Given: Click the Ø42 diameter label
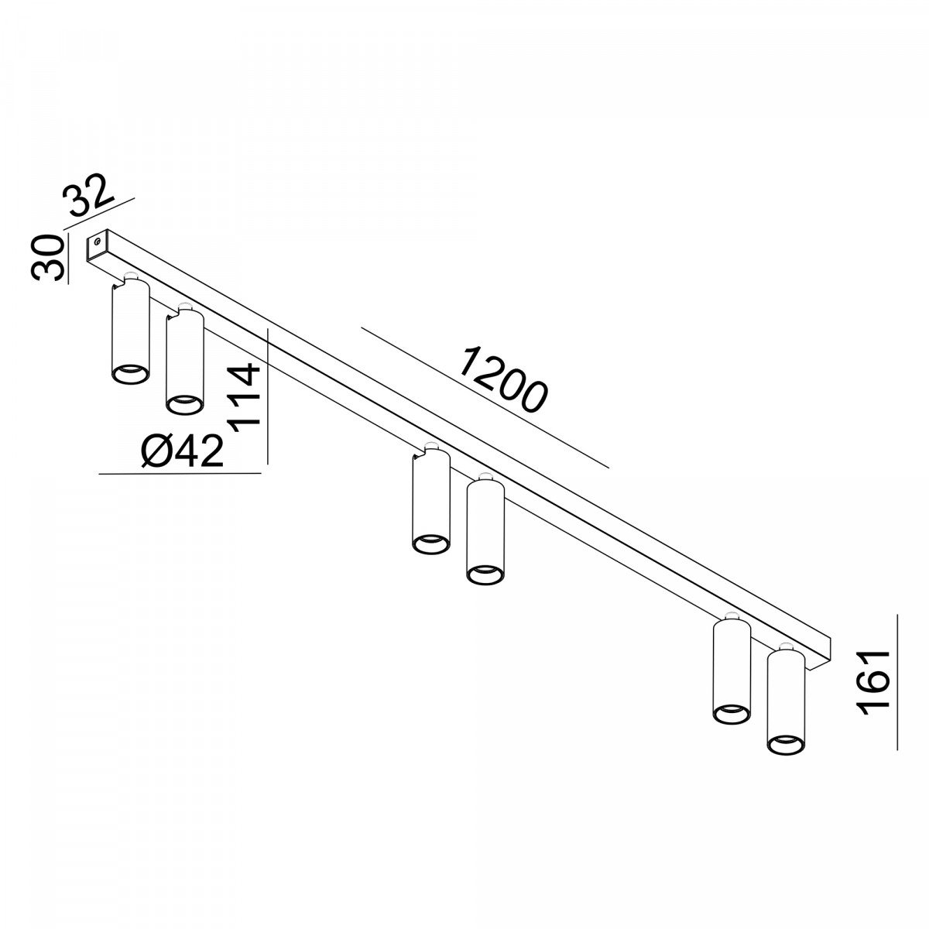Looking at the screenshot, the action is pyautogui.click(x=183, y=451).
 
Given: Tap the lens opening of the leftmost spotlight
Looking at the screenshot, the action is pyautogui.click(x=130, y=374).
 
